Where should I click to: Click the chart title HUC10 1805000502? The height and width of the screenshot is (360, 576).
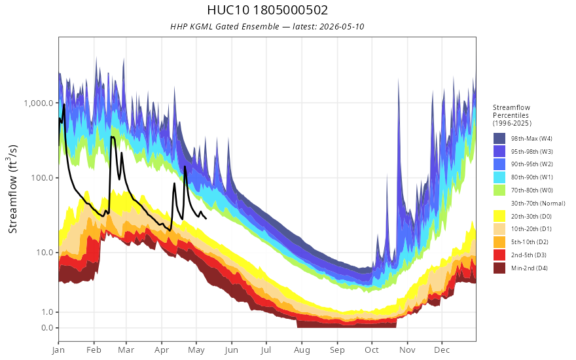pyautogui.click(x=267, y=10)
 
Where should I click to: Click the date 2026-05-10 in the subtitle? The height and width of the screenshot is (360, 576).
pyautogui.click(x=342, y=26)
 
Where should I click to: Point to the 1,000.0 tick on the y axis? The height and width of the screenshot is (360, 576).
pyautogui.click(x=39, y=103)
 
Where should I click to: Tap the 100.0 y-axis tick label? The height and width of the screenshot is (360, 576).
pyautogui.click(x=43, y=178)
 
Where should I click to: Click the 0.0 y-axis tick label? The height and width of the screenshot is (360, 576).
pyautogui.click(x=47, y=328)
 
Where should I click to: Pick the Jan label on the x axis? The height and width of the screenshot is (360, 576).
pyautogui.click(x=58, y=350)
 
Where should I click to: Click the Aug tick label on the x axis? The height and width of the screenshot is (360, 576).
pyautogui.click(x=302, y=350)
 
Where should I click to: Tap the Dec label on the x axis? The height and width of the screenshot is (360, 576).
pyautogui.click(x=442, y=350)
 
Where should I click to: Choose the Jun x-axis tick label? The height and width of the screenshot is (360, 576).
pyautogui.click(x=232, y=350)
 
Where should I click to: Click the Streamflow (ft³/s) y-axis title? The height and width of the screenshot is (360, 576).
pyautogui.click(x=12, y=189)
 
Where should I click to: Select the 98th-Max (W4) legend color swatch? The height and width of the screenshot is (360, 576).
pyautogui.click(x=499, y=139)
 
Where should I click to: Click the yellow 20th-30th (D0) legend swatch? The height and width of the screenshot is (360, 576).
pyautogui.click(x=499, y=216)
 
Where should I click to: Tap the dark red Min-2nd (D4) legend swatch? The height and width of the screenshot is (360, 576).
pyautogui.click(x=499, y=268)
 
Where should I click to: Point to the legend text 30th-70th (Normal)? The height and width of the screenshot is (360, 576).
pyautogui.click(x=538, y=203)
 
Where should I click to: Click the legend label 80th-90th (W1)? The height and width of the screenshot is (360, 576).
pyautogui.click(x=532, y=177)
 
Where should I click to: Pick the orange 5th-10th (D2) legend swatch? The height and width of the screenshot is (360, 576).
pyautogui.click(x=499, y=242)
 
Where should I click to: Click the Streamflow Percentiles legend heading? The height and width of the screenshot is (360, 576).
pyautogui.click(x=512, y=115)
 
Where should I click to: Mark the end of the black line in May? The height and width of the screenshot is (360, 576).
pyautogui.click(x=206, y=219)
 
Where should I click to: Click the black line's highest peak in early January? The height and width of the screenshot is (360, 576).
pyautogui.click(x=64, y=104)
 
